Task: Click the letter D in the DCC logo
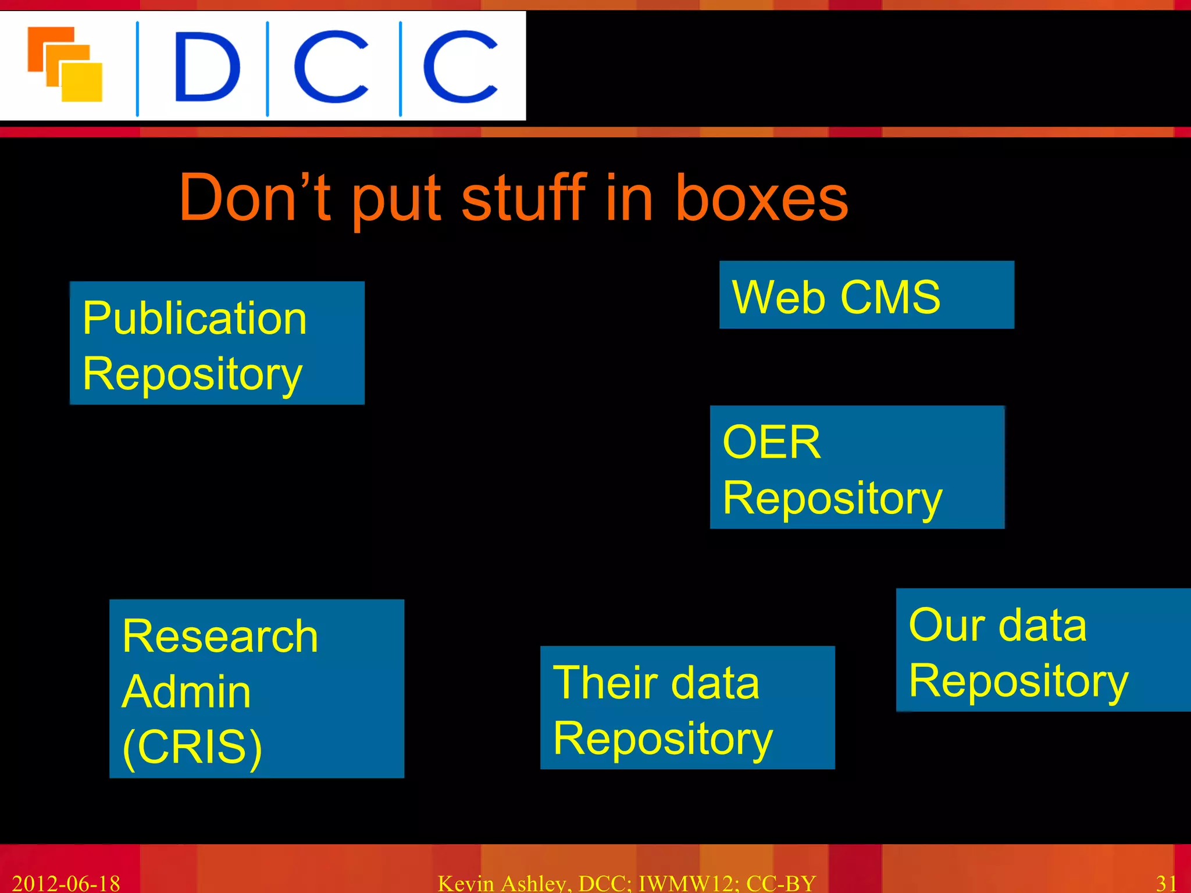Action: [207, 67]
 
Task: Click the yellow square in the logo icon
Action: [83, 83]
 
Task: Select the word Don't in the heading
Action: [255, 198]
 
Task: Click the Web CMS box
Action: [866, 295]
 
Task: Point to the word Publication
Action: [194, 319]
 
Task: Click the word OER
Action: [771, 442]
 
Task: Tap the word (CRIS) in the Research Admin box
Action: [192, 747]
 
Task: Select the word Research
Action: [220, 637]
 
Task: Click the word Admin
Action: [186, 692]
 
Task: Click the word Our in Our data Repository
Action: [947, 626]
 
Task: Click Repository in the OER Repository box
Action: [832, 499]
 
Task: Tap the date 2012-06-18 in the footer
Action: [66, 883]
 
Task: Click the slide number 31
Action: [1167, 883]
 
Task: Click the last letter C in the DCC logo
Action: [459, 67]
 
